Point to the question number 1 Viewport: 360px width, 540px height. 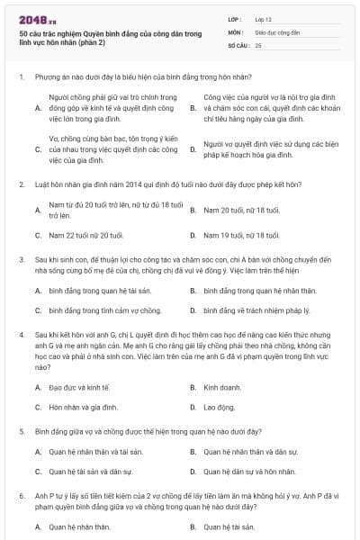(x=21, y=77)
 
